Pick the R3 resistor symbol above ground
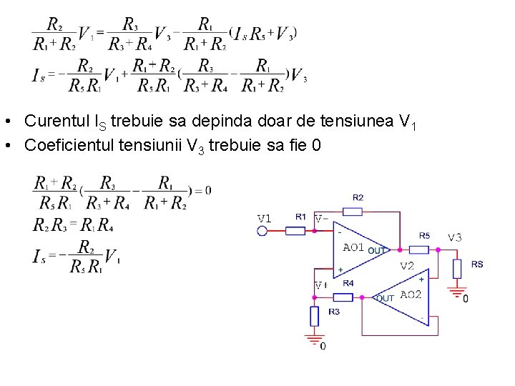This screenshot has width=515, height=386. tap(313, 316)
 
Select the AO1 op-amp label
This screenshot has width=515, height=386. tap(355, 247)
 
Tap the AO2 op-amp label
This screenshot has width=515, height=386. tap(411, 295)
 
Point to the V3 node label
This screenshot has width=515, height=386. tap(455, 237)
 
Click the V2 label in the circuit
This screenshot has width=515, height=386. tap(406, 265)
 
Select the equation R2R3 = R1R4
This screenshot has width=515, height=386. tap(73, 227)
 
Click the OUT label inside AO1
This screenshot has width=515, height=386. tap(376, 251)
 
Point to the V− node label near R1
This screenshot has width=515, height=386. tap(321, 219)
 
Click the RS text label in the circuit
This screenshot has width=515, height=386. tap(477, 264)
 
